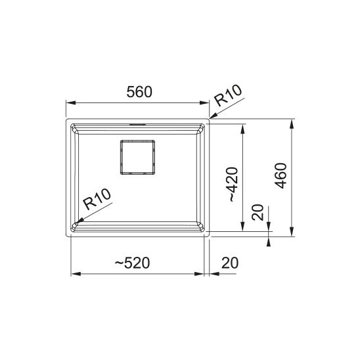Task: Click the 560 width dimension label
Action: (x=139, y=92)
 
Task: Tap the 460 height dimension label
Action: (x=281, y=175)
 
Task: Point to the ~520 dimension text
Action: (x=133, y=263)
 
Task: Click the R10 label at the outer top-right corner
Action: (x=228, y=95)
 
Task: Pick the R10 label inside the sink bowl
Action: (x=97, y=199)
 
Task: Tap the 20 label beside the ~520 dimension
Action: (x=230, y=263)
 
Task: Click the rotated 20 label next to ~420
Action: (x=258, y=212)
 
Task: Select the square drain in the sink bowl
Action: (x=137, y=157)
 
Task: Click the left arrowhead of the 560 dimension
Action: (x=71, y=102)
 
